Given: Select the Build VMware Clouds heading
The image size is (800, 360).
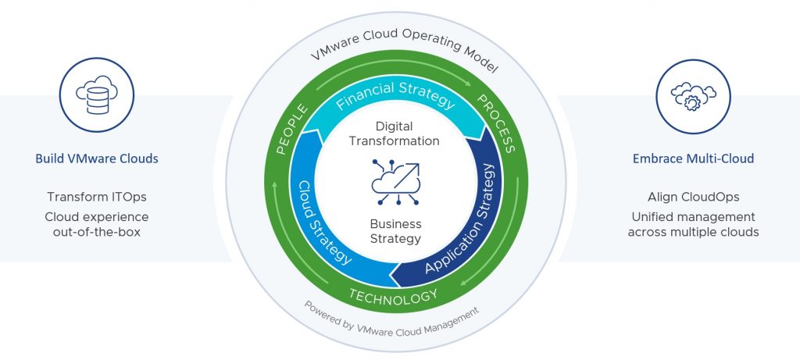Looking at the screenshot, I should pos(97,159).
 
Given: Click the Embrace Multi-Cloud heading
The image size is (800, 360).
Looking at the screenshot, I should pos(693,159).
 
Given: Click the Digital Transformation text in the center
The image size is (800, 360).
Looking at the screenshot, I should pos(395,134).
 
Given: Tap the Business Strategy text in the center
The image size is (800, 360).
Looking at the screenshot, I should pos(395,231).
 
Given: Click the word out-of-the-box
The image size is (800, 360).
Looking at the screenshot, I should pos(97,233).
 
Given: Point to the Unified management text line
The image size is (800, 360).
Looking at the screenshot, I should pos(693,216).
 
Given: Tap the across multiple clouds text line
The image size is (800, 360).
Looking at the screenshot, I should pos(693,233).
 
